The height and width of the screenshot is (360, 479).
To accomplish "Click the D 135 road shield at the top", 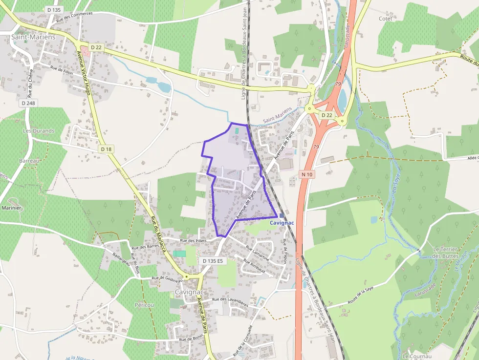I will pos(54,10).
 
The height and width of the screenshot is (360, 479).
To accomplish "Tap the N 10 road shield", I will pos(306,174).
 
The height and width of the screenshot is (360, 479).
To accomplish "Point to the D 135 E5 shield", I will pos(213,261).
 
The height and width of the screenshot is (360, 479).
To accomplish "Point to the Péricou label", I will pos(144,304).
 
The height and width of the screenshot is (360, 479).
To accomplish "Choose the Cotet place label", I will pos(385,19).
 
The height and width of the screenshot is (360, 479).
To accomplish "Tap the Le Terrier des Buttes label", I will pos(444,253).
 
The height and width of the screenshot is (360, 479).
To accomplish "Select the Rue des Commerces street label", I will pos(74,17).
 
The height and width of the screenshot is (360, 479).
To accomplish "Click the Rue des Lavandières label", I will pos(230,301).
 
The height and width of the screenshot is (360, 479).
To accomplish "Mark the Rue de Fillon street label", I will pos(62,70).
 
